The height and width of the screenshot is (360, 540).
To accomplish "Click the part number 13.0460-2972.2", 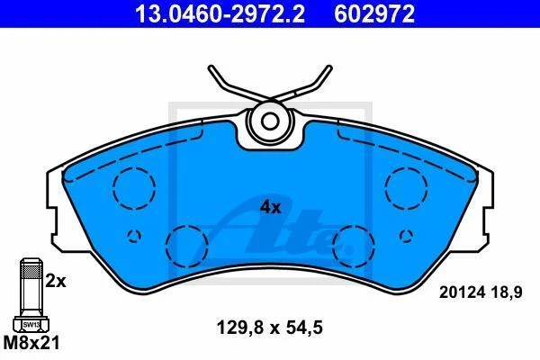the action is pos(220,13).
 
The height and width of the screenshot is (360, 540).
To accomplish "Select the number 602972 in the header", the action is pos(374,13).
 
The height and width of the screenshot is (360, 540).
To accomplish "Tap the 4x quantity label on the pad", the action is pos(270,208).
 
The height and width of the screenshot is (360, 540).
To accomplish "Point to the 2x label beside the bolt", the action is pos(56,282).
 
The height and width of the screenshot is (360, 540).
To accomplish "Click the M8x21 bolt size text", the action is pos(31,343).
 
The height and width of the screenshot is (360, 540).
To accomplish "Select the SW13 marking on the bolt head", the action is pos(31,325).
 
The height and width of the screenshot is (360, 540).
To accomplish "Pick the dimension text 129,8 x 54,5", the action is pos(270,328).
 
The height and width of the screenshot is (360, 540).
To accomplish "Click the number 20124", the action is pos(463,292).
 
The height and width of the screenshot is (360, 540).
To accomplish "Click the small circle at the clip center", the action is pos(269,121).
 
